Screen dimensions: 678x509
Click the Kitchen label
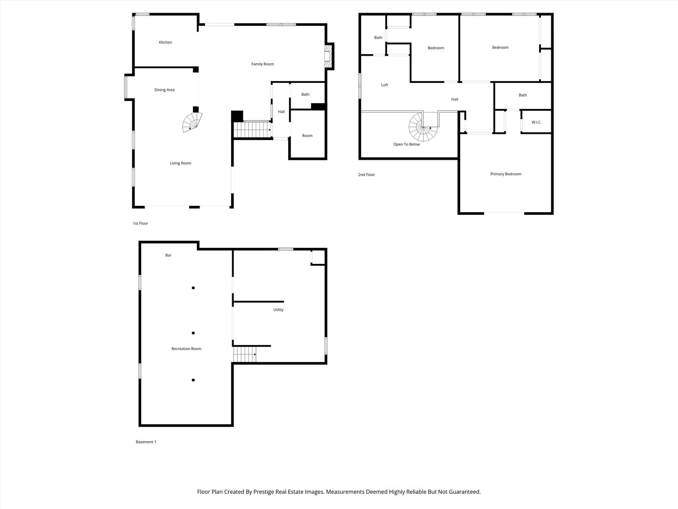point(165,42)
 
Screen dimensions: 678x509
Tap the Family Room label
point(262,64)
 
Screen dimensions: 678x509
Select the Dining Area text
point(164,90)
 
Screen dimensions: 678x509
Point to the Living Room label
point(180,163)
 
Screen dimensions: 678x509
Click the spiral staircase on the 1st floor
point(192,123)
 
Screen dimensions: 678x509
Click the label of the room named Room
point(307,136)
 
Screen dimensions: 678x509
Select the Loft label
point(384,85)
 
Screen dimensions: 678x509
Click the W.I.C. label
point(536,123)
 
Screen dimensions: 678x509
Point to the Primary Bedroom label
point(506,174)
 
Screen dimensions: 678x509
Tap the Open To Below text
point(406,144)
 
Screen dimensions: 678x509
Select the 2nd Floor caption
point(366,174)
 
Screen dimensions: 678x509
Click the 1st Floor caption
point(140,223)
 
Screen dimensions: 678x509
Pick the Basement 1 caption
point(146,442)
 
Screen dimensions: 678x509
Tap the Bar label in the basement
point(168,255)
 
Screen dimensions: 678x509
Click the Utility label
point(278,310)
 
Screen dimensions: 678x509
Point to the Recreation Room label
point(186,349)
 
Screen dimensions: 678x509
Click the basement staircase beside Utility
point(245,354)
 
